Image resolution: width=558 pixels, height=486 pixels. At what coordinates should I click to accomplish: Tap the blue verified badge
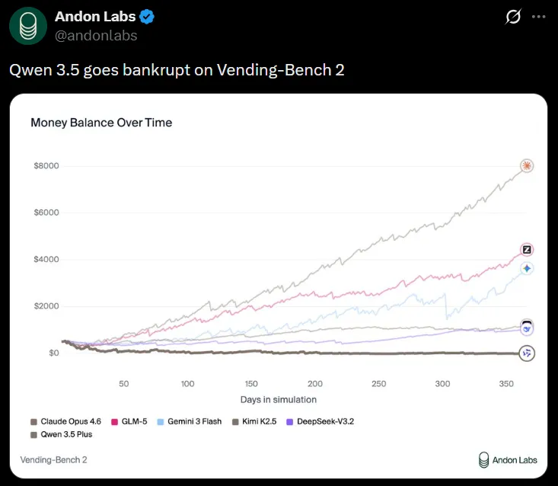(x=146, y=17)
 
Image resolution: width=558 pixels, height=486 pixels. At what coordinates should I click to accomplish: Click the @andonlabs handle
(x=96, y=35)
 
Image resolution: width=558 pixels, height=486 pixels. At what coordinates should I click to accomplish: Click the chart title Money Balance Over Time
(x=101, y=123)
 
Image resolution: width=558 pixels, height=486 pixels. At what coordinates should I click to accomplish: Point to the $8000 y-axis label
(x=46, y=166)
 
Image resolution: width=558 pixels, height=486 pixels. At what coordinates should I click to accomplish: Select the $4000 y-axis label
(x=46, y=260)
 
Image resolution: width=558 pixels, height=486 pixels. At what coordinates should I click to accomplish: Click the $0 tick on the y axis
(x=53, y=353)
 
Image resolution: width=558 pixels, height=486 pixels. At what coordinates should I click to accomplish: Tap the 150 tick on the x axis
(x=251, y=384)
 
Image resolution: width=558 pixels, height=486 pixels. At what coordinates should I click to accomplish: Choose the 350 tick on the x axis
(x=505, y=384)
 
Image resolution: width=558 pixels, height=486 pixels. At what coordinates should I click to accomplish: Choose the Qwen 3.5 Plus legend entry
(x=66, y=435)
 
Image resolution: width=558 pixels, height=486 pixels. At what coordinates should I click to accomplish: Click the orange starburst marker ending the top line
(x=526, y=166)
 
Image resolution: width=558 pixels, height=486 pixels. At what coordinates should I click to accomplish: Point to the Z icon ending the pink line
(x=526, y=250)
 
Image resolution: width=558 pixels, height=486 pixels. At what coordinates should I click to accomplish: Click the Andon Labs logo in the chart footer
(x=508, y=459)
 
